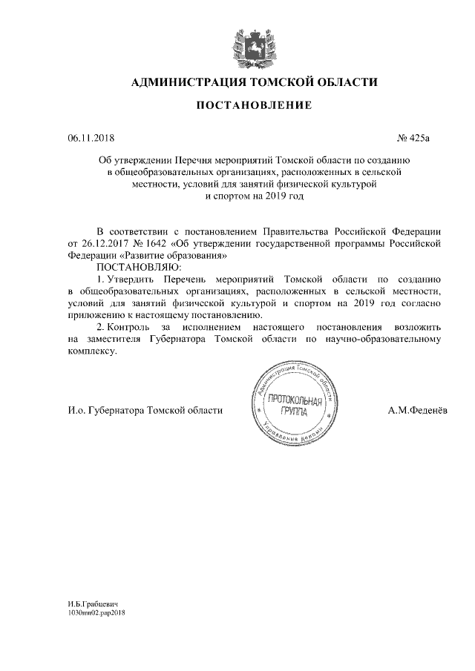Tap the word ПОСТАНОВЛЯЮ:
pyautogui.click(x=134, y=265)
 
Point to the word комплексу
pyautogui.click(x=92, y=351)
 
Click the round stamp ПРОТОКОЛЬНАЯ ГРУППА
pyautogui.click(x=295, y=406)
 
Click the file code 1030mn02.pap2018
pyautogui.click(x=97, y=615)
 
